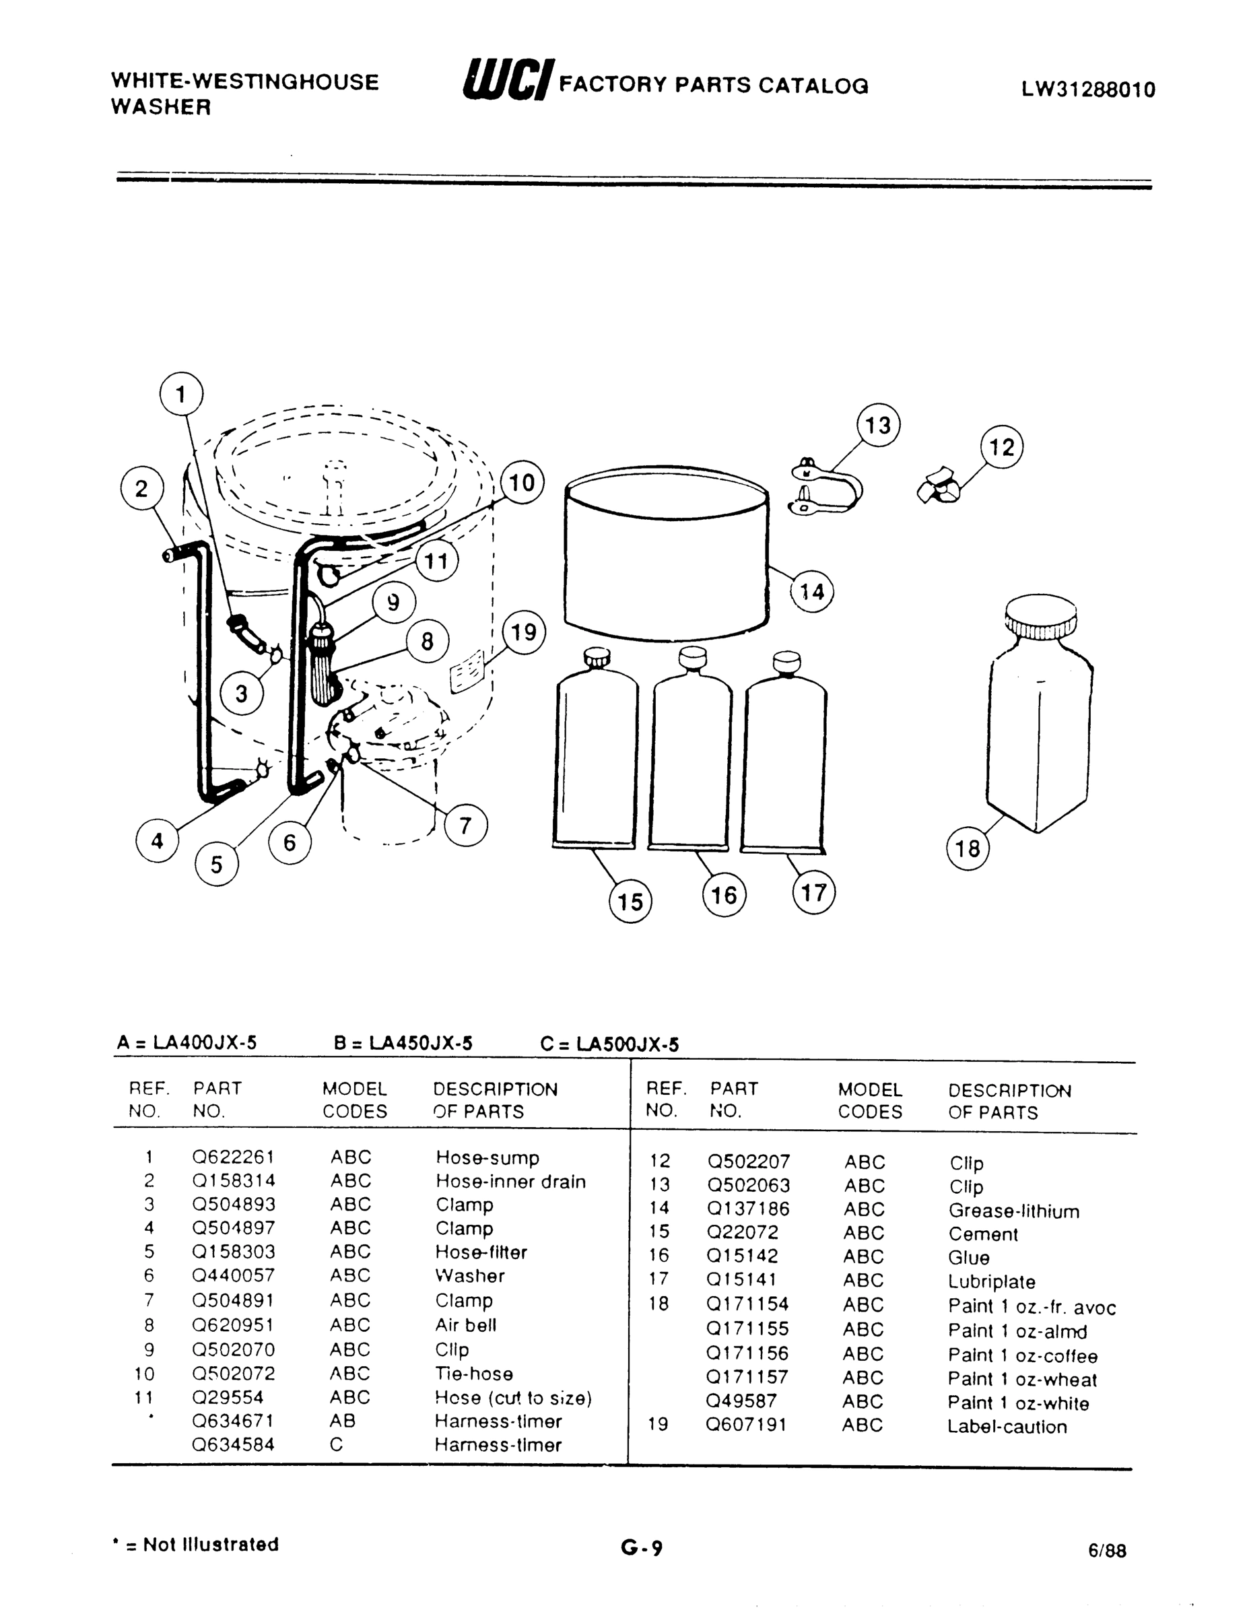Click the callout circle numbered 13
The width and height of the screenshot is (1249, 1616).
[x=878, y=426]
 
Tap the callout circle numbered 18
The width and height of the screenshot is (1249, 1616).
[x=968, y=848]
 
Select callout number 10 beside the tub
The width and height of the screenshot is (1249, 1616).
[x=522, y=482]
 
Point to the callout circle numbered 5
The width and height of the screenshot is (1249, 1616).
[x=217, y=865]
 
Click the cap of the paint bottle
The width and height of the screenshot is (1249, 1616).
[x=1040, y=619]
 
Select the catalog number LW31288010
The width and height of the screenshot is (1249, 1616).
[x=1089, y=90]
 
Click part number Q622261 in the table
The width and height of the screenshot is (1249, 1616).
[x=233, y=1157]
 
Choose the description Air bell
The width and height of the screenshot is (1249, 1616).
[x=465, y=1324]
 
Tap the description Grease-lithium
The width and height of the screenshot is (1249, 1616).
[x=1014, y=1211]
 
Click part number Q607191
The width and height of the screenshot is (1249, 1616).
[x=746, y=1424]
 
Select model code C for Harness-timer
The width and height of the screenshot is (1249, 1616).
[x=337, y=1444]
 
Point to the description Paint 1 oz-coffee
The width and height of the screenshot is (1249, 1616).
[x=1023, y=1355]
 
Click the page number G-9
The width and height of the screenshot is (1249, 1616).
[x=642, y=1547]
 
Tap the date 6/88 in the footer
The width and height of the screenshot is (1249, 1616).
[x=1107, y=1550]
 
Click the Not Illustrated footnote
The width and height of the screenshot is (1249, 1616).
[x=195, y=1544]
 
